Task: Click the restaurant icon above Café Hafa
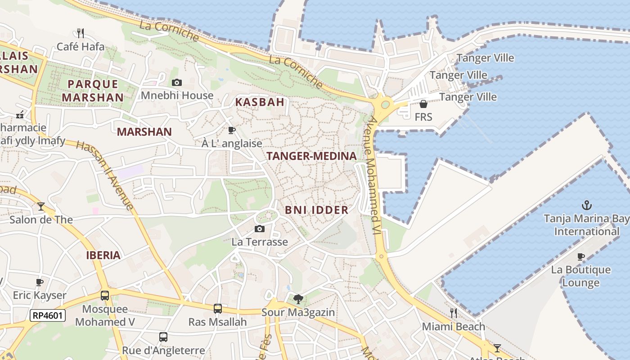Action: (81, 33)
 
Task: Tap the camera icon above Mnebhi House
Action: (177, 82)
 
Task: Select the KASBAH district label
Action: (260, 102)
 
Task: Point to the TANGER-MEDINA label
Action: (311, 156)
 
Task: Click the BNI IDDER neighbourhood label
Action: (317, 210)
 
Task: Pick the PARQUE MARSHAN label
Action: (93, 91)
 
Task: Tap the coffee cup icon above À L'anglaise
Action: (232, 130)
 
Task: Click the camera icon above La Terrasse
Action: (260, 229)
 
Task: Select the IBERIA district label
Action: (103, 256)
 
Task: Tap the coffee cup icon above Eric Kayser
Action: (40, 282)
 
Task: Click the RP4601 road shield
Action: (48, 315)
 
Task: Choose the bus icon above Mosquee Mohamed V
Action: (105, 296)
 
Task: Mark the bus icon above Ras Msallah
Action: (218, 309)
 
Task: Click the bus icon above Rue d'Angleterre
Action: (163, 337)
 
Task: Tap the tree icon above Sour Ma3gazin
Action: (298, 299)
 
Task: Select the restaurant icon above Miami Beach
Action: (454, 313)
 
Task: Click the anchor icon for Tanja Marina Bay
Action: (586, 206)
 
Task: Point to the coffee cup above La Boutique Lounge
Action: (581, 257)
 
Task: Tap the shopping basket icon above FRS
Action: (423, 104)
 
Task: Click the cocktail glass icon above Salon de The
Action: (41, 207)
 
